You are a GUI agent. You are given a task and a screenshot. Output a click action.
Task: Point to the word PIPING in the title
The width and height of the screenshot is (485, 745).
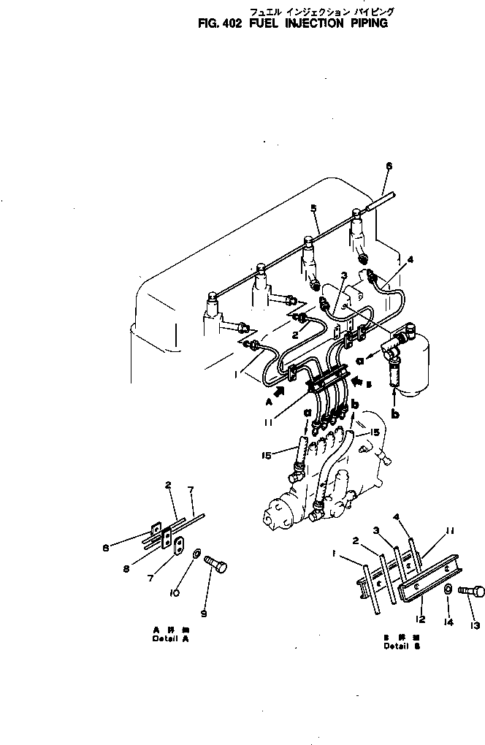point(368,23)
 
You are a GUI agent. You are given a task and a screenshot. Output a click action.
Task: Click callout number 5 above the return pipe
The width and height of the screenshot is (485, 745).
point(314,209)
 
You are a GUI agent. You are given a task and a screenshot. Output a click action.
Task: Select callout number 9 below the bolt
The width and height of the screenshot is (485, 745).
point(204,614)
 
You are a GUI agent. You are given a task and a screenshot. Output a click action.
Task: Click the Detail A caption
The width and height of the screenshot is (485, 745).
point(170,633)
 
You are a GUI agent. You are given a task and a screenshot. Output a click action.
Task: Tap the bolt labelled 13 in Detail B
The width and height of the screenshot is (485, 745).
point(473,592)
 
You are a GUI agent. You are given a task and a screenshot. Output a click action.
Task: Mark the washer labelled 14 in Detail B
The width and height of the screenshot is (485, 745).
point(446,589)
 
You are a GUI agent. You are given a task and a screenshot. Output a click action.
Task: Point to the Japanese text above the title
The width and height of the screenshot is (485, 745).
point(321,11)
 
